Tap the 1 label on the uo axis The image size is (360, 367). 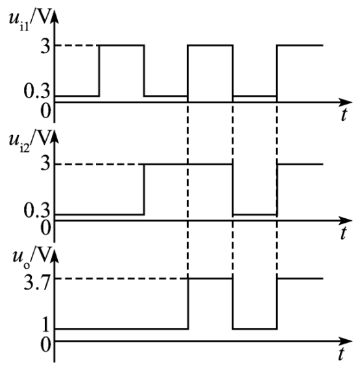pyautogui.click(x=45, y=325)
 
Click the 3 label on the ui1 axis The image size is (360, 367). pyautogui.click(x=45, y=45)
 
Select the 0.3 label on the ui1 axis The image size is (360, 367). pyautogui.click(x=37, y=92)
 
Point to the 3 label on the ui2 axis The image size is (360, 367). pyautogui.click(x=45, y=164)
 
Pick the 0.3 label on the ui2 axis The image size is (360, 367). pyautogui.click(x=37, y=210)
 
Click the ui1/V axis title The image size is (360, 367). pyautogui.click(x=30, y=20)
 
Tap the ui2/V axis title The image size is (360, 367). pyautogui.click(x=30, y=141)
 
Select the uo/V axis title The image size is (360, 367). pyautogui.click(x=32, y=257)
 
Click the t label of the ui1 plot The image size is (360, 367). pyautogui.click(x=344, y=114)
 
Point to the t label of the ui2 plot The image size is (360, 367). pyautogui.click(x=343, y=233)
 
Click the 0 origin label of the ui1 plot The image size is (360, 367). pyautogui.click(x=45, y=111)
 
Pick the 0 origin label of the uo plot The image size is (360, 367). pyautogui.click(x=45, y=344)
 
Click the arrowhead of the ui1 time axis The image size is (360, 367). pyautogui.click(x=346, y=102)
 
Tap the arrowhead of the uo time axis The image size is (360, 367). pyautogui.click(x=346, y=341)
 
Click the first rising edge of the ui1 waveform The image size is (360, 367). pyautogui.click(x=99, y=70)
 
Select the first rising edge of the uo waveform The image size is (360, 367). pyautogui.click(x=188, y=304)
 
